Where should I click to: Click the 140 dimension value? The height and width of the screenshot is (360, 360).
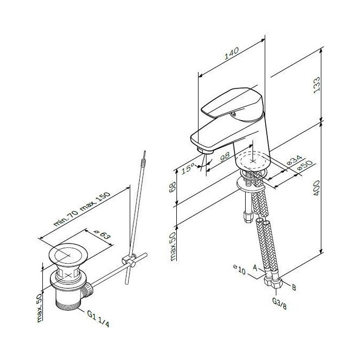[x=232, y=53]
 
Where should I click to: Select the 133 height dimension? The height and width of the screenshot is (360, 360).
[x=317, y=85]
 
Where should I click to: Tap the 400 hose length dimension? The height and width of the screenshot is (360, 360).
[x=317, y=188]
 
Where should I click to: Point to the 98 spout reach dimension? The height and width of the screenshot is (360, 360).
[x=224, y=157]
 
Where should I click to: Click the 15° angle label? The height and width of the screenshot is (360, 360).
[x=188, y=168]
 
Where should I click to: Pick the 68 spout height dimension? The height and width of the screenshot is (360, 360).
[x=173, y=187]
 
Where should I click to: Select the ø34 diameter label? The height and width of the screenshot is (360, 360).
[x=294, y=160]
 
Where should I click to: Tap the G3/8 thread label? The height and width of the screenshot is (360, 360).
[x=280, y=303]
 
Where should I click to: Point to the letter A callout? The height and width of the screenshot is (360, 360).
[x=255, y=267]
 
